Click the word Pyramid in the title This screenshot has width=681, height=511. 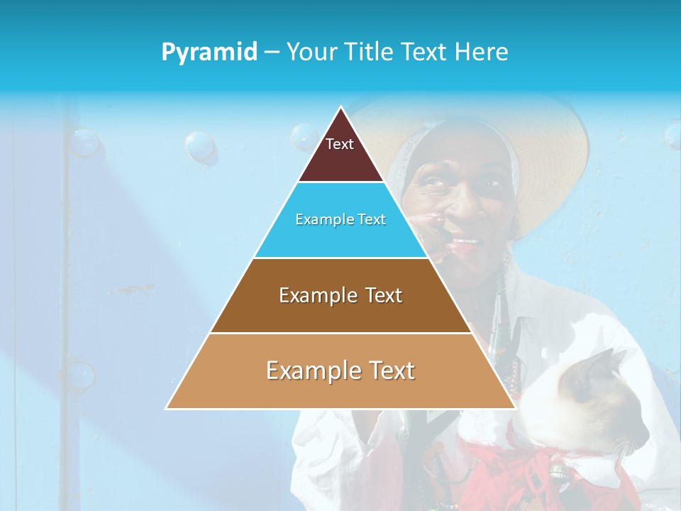click(209, 52)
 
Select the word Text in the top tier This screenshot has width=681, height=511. click(340, 144)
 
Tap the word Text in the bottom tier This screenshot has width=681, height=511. click(386, 370)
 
